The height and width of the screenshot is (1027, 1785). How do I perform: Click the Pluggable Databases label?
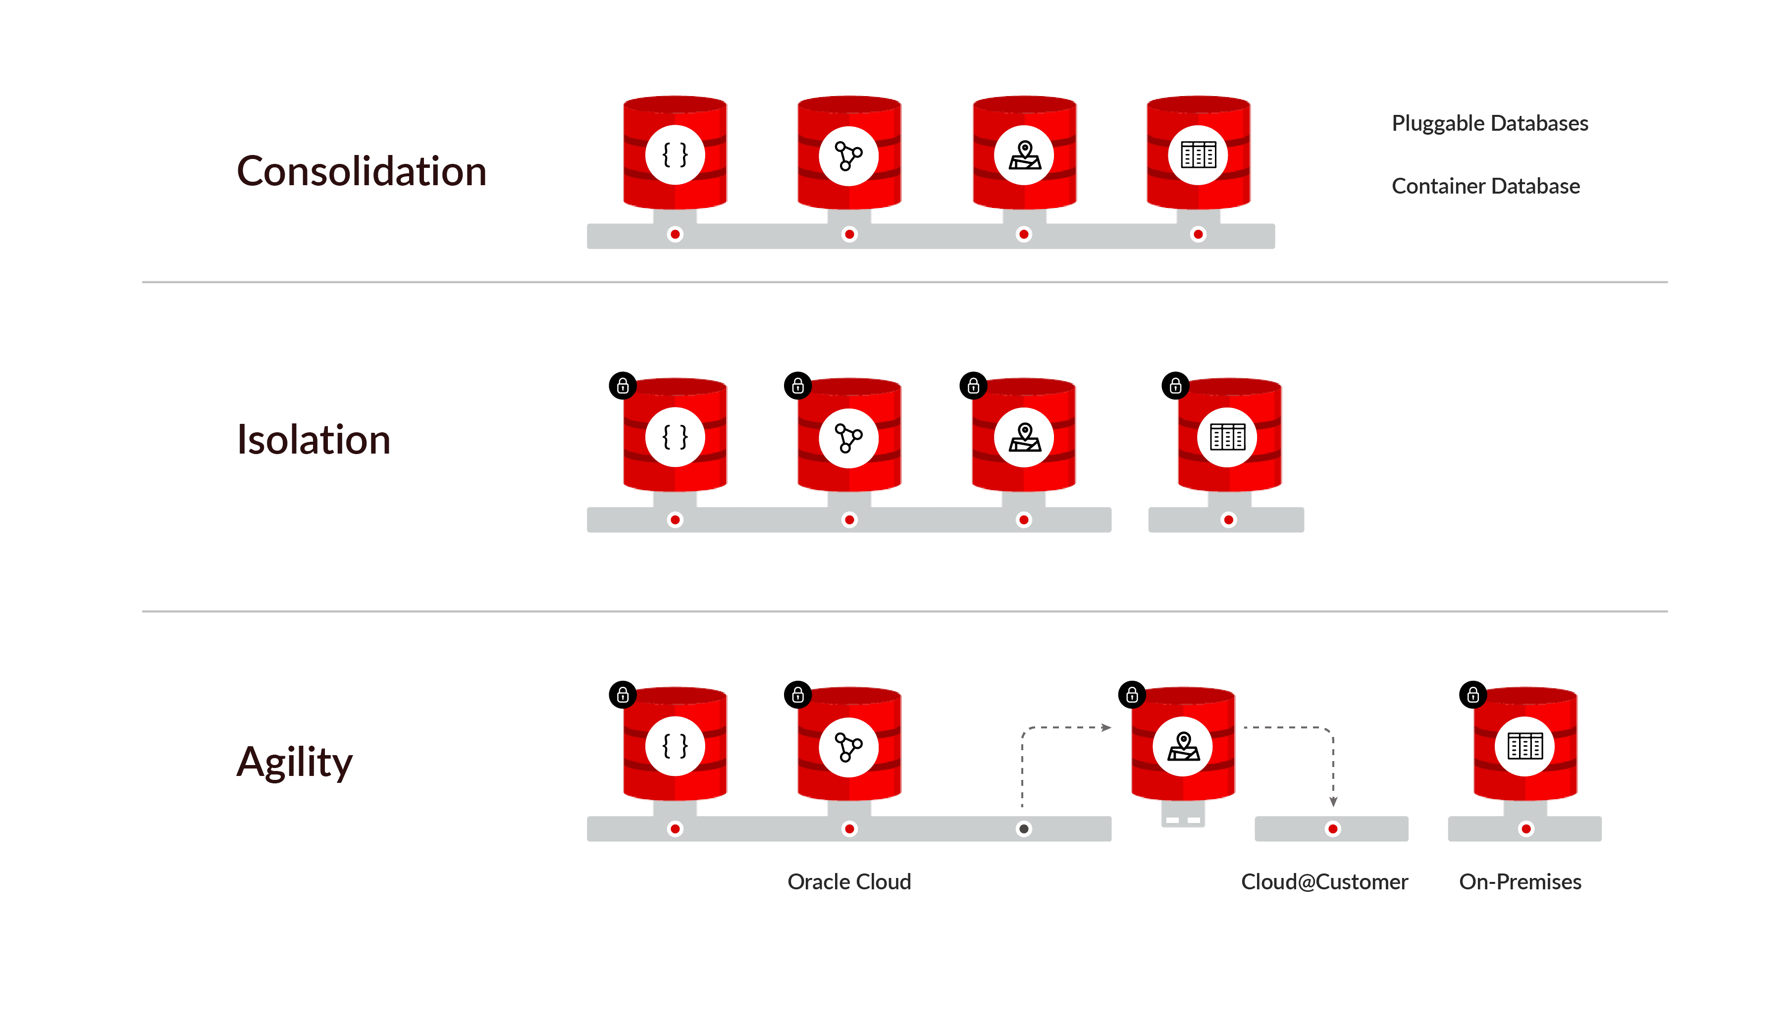click(x=1489, y=123)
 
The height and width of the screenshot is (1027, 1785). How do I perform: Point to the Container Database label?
click(x=1485, y=186)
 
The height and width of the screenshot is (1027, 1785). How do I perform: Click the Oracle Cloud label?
click(x=849, y=882)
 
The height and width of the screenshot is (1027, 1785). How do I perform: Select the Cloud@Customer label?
click(x=1324, y=882)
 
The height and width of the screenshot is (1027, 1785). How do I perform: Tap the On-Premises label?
click(x=1520, y=882)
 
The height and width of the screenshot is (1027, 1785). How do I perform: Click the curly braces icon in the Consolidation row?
click(x=675, y=155)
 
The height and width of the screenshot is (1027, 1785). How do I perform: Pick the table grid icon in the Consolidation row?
click(x=1198, y=155)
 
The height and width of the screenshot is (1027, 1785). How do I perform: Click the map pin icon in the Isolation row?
click(x=1024, y=437)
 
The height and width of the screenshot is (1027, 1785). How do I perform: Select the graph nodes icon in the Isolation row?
click(x=848, y=437)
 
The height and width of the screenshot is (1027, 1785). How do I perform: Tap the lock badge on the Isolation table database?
click(x=1175, y=386)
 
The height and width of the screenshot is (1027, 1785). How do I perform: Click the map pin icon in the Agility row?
click(x=1183, y=746)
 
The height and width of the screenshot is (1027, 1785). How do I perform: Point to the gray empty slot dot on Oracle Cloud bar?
click(x=1024, y=829)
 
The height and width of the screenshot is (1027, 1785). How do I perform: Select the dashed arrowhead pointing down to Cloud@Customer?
click(x=1333, y=802)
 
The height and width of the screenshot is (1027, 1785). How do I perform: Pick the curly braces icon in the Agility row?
click(x=675, y=746)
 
